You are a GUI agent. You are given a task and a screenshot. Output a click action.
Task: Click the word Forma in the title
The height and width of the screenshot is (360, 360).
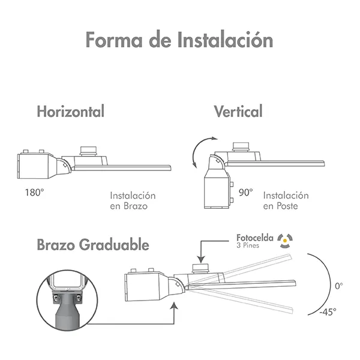pos(114,40)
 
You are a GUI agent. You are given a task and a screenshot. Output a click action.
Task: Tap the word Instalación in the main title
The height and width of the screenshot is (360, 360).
pos(225,40)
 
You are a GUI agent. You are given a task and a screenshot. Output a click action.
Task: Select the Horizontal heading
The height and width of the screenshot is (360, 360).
pos(71,111)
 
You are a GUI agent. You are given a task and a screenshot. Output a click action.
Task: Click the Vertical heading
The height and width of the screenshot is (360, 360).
pos(238,112)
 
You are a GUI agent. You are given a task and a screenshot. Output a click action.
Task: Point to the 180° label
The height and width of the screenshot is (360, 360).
pos(34,193)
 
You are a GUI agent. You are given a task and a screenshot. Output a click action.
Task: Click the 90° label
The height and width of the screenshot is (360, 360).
pos(245,193)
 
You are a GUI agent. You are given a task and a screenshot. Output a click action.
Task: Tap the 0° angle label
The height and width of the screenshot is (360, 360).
pos(339,286)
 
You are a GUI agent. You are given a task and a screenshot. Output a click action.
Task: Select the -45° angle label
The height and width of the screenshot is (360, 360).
pos(328,312)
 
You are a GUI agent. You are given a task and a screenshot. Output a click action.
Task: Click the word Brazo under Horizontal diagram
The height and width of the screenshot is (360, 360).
pos(136,206)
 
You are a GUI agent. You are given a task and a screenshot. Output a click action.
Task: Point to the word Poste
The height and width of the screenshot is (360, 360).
pos(287,206)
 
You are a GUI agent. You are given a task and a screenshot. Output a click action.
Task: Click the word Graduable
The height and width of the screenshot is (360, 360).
pos(114,245)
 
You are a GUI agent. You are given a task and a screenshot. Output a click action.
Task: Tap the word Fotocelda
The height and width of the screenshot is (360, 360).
pos(255,238)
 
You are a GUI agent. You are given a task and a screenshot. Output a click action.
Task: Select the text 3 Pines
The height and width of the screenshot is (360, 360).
pos(248,245)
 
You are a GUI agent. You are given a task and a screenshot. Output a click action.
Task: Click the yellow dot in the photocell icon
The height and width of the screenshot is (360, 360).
pos(285,241)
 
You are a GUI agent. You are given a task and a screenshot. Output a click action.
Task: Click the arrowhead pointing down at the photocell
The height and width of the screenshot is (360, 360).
pos(201,260)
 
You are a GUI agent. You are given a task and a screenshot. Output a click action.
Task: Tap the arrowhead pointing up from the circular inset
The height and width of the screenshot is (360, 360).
pos(174,306)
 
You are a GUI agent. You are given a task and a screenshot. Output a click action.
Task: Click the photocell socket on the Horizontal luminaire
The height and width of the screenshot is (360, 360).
pos(88,151)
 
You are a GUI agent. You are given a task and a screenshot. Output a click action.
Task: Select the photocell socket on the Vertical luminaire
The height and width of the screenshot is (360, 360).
pos(241,147)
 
